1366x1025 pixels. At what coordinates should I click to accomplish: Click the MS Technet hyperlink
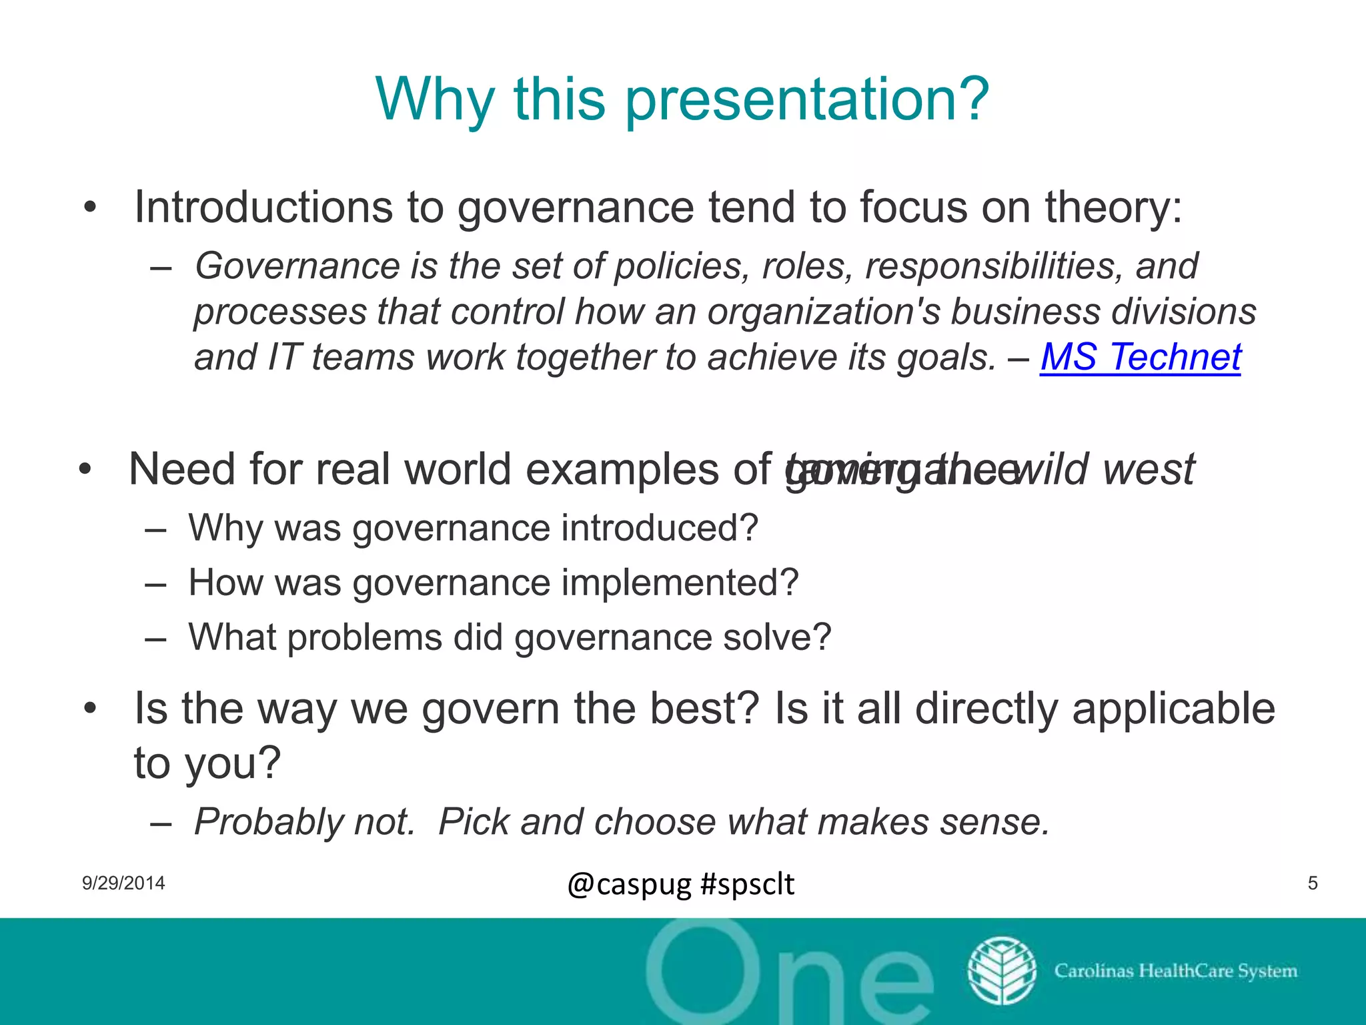click(1140, 357)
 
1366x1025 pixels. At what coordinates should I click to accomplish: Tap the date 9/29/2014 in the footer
click(123, 884)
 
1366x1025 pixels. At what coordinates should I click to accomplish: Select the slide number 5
click(1313, 884)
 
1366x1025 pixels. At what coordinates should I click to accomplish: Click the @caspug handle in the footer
click(629, 885)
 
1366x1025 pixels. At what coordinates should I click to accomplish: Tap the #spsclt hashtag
click(748, 885)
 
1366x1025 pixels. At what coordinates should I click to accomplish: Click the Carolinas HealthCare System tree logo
click(1001, 971)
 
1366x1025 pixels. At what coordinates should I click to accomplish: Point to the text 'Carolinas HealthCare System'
click(1175, 971)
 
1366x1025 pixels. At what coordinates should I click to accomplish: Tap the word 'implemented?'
click(680, 583)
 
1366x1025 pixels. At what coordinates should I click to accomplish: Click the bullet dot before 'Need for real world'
click(85, 469)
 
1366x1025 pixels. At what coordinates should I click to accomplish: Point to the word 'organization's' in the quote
click(823, 312)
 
